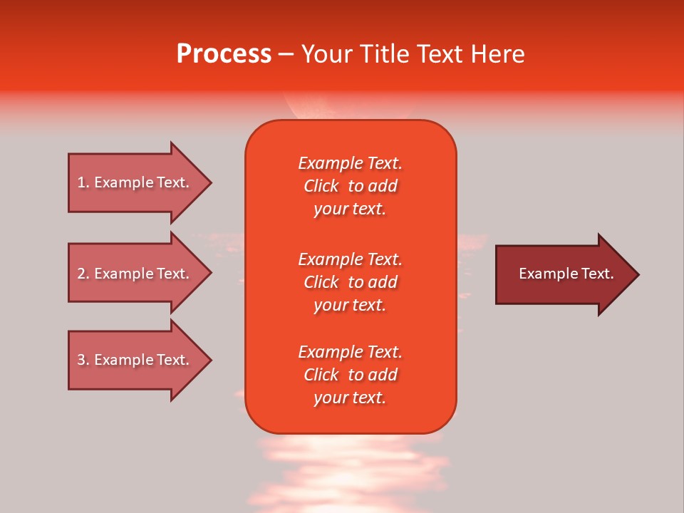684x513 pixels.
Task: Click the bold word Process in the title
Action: (x=224, y=54)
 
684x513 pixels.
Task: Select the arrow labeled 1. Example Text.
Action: (x=133, y=182)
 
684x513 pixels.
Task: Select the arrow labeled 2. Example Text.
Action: (x=133, y=274)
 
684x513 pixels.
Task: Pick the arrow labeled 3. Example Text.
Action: (x=133, y=360)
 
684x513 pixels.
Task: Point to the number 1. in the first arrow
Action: (x=83, y=182)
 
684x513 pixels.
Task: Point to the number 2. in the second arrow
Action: (x=83, y=274)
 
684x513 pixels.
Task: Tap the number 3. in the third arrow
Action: (x=83, y=360)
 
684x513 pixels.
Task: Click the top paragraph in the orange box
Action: (x=350, y=186)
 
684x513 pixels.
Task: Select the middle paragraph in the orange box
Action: (x=350, y=281)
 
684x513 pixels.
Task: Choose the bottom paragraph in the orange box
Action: (x=350, y=375)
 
